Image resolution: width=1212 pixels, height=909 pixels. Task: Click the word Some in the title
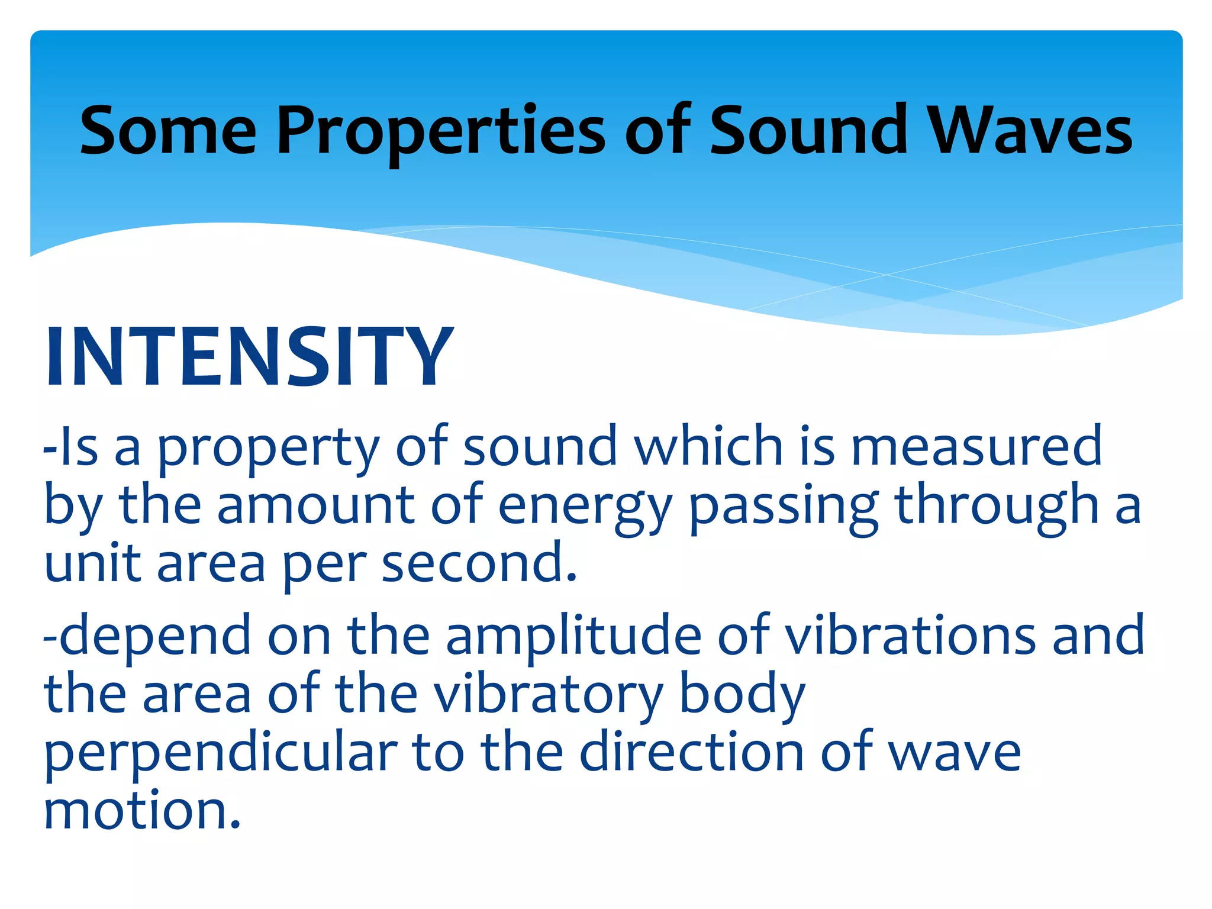(168, 131)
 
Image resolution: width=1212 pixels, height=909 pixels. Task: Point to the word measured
(976, 447)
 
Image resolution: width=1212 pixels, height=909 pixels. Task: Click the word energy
(585, 507)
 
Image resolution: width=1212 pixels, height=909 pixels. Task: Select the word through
(997, 507)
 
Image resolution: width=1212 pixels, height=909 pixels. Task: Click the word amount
(316, 507)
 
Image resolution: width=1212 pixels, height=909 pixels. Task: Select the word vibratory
(548, 694)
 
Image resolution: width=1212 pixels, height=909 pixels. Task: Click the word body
(742, 694)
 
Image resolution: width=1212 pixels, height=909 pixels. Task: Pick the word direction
(692, 753)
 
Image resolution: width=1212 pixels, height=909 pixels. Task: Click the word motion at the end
(142, 811)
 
